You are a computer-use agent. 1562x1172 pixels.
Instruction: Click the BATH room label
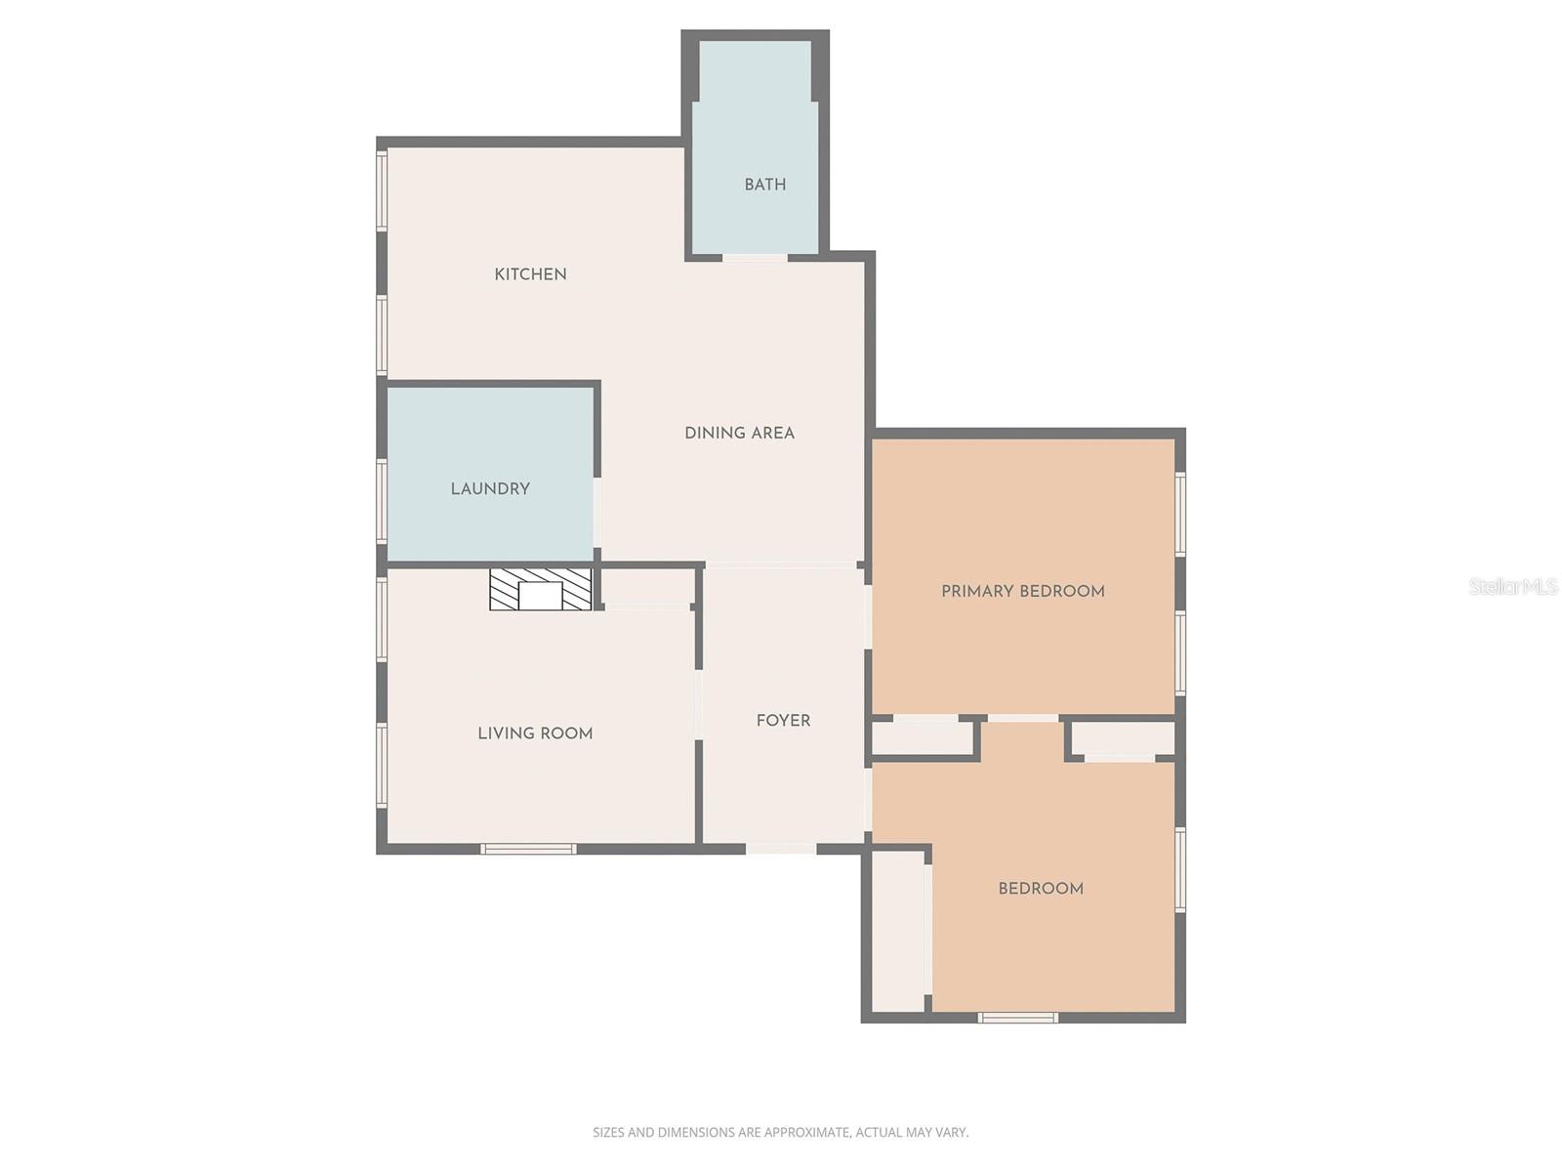click(764, 185)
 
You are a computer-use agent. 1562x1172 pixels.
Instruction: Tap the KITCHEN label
click(530, 274)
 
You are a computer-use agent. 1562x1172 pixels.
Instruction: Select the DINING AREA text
click(739, 433)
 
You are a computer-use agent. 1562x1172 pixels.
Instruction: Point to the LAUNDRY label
click(490, 488)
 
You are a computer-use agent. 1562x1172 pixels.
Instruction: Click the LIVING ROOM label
click(535, 733)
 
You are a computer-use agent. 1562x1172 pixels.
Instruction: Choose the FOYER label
click(783, 721)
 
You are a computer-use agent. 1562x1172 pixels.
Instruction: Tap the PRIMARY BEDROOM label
click(1022, 591)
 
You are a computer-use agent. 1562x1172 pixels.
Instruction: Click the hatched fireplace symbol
click(540, 590)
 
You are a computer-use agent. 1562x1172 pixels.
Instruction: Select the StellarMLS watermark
click(1513, 586)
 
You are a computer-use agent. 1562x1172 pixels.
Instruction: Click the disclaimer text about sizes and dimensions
click(780, 1133)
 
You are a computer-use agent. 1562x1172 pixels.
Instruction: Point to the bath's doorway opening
click(755, 257)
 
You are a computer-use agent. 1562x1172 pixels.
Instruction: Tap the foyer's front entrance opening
click(781, 848)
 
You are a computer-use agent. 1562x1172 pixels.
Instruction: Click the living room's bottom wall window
click(528, 849)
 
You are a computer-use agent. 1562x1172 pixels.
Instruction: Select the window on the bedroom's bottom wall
click(1018, 1018)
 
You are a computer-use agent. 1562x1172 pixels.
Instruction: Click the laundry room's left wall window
click(383, 499)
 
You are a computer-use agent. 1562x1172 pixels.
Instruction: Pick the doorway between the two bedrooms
click(1022, 720)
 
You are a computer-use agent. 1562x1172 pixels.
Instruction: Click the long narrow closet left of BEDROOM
click(898, 933)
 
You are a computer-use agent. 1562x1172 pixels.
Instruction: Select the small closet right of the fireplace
click(646, 586)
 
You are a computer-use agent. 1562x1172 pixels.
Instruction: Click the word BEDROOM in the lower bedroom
click(1040, 889)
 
